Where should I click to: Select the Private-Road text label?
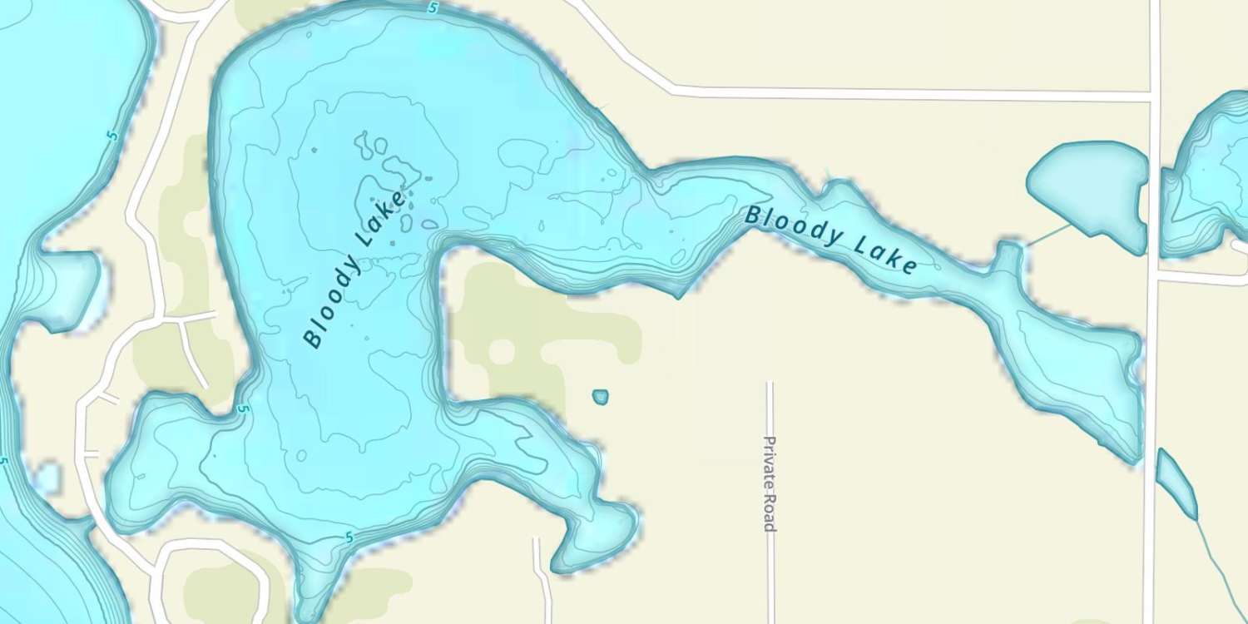pyautogui.click(x=770, y=483)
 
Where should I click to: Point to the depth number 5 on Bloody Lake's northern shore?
pyautogui.click(x=433, y=8)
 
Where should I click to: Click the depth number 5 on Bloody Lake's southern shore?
pyautogui.click(x=349, y=538)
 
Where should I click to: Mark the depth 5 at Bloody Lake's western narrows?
pyautogui.click(x=242, y=409)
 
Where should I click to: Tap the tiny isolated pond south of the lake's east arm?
pyautogui.click(x=600, y=397)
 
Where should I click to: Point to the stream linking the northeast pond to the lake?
pyautogui.click(x=1048, y=234)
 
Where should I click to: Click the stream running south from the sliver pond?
pyautogui.click(x=1219, y=566)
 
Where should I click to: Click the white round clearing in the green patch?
pyautogui.click(x=501, y=351)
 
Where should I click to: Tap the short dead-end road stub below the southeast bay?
pyautogui.click(x=542, y=574)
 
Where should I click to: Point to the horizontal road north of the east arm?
pyautogui.click(x=915, y=94)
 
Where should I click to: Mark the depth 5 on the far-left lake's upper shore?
pyautogui.click(x=113, y=136)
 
